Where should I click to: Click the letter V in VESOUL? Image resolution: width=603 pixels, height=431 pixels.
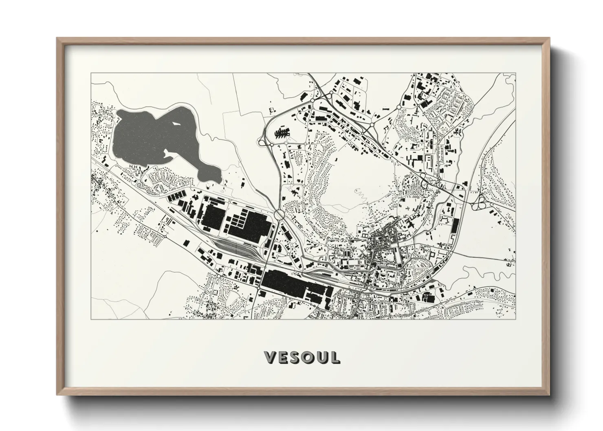coord(271,357)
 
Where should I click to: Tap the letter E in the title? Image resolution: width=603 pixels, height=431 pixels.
coord(284,357)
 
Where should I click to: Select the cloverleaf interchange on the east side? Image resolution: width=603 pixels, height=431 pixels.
coord(480,202)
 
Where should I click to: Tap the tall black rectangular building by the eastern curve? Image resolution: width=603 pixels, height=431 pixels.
coord(454,227)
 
